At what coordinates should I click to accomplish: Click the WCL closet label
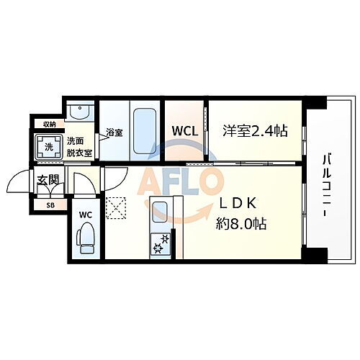coord(184,131)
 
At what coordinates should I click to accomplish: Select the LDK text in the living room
coord(245,204)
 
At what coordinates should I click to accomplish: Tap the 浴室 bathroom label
coord(114,132)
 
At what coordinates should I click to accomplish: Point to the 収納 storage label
coord(49,124)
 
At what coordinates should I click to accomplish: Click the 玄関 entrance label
coord(48,180)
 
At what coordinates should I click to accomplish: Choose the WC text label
coord(85,215)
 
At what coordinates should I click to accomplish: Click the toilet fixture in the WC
coord(86,238)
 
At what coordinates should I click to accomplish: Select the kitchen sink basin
coord(160,213)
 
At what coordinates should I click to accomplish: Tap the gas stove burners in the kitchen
coord(160,244)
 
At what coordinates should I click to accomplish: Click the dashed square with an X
coord(115,207)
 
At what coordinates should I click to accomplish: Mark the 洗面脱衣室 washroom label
coord(79,146)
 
